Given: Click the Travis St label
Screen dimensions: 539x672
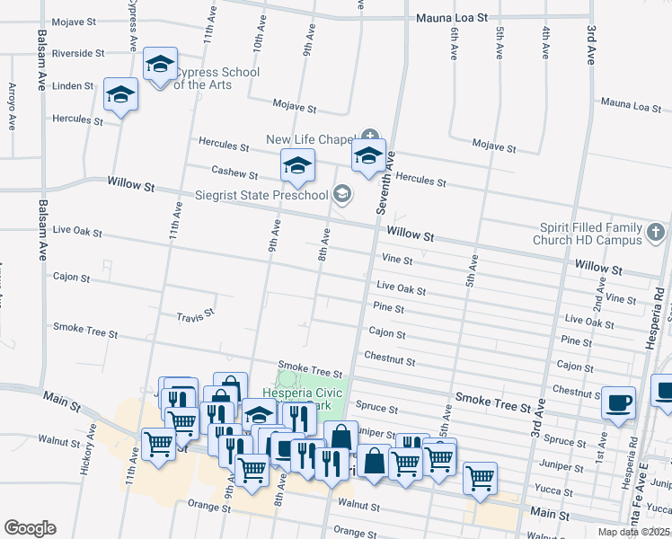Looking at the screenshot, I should coord(195,315).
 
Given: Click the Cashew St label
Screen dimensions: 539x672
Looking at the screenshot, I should coord(234,170).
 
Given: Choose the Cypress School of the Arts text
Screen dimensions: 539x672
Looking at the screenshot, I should coord(216,78).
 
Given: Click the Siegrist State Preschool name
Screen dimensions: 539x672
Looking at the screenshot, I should coord(262,195).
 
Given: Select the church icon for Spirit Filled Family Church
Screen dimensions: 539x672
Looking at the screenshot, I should coord(656,234).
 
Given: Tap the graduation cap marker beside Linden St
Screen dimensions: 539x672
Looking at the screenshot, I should coord(120,94).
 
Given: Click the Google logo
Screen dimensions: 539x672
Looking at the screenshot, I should coord(30,528).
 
